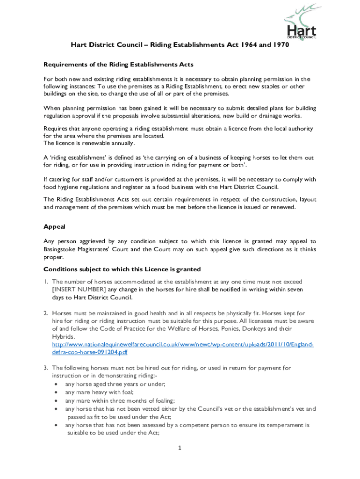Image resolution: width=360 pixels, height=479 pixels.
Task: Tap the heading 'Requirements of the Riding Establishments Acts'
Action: click(x=118, y=64)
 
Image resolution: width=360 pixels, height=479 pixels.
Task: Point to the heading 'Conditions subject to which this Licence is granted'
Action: click(x=122, y=269)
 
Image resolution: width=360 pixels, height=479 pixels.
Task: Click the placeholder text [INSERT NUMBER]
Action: click(x=79, y=290)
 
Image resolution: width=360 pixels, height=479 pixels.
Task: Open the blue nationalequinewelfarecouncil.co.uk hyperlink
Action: click(x=182, y=344)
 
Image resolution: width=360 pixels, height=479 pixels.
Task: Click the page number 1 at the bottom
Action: click(x=180, y=448)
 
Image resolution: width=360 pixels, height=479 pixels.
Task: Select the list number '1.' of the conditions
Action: click(x=46, y=282)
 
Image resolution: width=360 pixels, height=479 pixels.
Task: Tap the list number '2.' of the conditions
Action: click(x=46, y=312)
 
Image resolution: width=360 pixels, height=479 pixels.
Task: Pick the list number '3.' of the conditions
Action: click(x=46, y=368)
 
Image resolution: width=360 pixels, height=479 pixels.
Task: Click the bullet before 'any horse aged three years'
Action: click(x=57, y=385)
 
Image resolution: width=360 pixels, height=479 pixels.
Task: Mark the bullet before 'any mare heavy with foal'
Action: click(x=57, y=392)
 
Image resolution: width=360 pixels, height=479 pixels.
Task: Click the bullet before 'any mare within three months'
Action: click(x=57, y=401)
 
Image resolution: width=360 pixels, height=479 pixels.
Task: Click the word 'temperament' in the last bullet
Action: click(x=278, y=425)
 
